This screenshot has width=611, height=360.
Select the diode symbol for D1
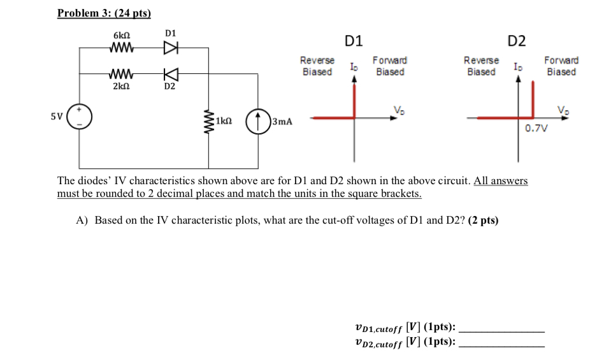click(169, 47)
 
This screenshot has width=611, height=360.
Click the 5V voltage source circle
click(80, 118)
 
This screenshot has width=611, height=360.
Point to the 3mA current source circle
click(258, 120)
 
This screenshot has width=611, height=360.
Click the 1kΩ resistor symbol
click(208, 120)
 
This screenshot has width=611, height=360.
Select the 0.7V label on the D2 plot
click(536, 129)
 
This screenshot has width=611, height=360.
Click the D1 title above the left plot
click(354, 41)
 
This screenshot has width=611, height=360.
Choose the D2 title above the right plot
click(517, 41)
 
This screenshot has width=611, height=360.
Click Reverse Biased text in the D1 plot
click(317, 66)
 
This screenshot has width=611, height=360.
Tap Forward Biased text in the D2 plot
click(561, 66)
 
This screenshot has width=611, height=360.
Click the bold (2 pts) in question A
click(483, 220)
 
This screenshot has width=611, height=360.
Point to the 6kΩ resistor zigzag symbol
click(120, 48)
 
